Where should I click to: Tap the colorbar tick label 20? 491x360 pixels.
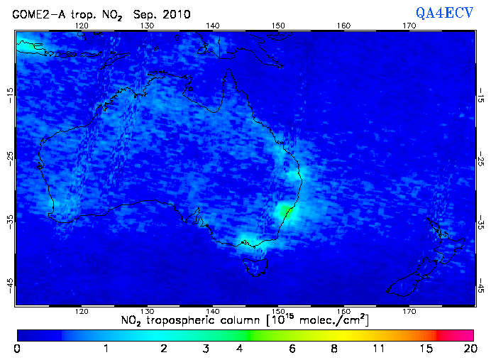point(468,349)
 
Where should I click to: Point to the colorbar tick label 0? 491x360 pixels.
point(17,349)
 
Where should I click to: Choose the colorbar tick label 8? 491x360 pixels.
point(333,349)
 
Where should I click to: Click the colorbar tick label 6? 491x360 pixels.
point(292,349)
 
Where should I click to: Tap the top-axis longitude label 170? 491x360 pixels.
point(409,26)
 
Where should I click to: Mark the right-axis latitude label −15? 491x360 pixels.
point(482,93)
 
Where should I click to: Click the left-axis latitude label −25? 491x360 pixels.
point(9,157)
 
